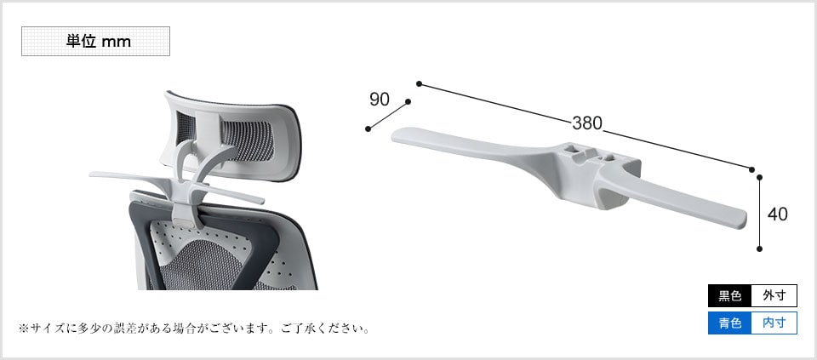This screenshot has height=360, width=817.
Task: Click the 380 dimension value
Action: pos(586,123)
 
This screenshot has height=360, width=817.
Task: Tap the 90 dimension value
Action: pos(380,99)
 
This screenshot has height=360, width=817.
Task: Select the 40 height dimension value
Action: pos(777,214)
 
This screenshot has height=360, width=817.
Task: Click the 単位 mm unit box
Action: pos(95,41)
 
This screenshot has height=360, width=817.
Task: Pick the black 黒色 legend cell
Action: pos(729,296)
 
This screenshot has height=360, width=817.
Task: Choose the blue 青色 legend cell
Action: pos(729,323)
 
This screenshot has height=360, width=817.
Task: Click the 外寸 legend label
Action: pos(774,296)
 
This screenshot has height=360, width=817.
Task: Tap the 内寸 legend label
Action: pos(774,323)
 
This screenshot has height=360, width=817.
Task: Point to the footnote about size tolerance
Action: pos(194,329)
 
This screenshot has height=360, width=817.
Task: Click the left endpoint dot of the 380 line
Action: pos(419,83)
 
